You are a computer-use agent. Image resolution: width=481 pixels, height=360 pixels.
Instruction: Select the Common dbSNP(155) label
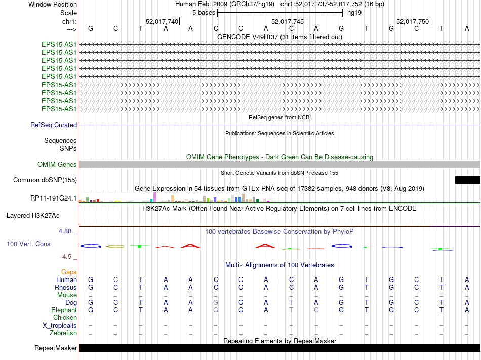click(45, 180)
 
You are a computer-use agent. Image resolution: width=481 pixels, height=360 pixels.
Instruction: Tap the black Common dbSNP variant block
click(467, 180)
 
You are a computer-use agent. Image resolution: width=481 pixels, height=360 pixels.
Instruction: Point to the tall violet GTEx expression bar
click(154, 196)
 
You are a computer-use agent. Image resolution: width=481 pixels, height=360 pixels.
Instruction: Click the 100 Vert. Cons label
click(28, 244)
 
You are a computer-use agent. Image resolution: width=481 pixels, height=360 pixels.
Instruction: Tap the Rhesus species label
click(66, 287)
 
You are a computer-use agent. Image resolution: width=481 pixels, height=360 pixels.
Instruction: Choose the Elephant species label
click(64, 310)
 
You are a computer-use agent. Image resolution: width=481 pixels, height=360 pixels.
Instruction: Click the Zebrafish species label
click(63, 333)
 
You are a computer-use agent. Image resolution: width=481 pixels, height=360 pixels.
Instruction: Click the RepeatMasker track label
click(56, 348)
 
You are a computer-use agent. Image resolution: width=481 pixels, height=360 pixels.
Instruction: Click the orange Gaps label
click(69, 272)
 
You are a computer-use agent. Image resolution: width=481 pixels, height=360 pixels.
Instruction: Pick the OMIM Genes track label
click(57, 164)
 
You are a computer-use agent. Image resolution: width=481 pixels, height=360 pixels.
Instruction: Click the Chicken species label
click(65, 317)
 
